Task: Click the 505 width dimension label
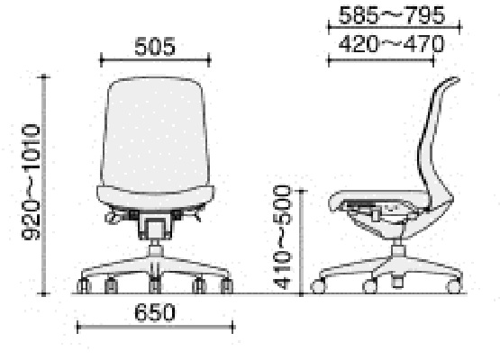[155, 47]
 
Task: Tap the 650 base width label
[155, 312]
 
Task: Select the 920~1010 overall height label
[31, 182]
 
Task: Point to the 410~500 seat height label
[282, 237]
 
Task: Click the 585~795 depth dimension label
[391, 14]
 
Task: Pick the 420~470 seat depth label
[391, 43]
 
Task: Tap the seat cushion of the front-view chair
[155, 198]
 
